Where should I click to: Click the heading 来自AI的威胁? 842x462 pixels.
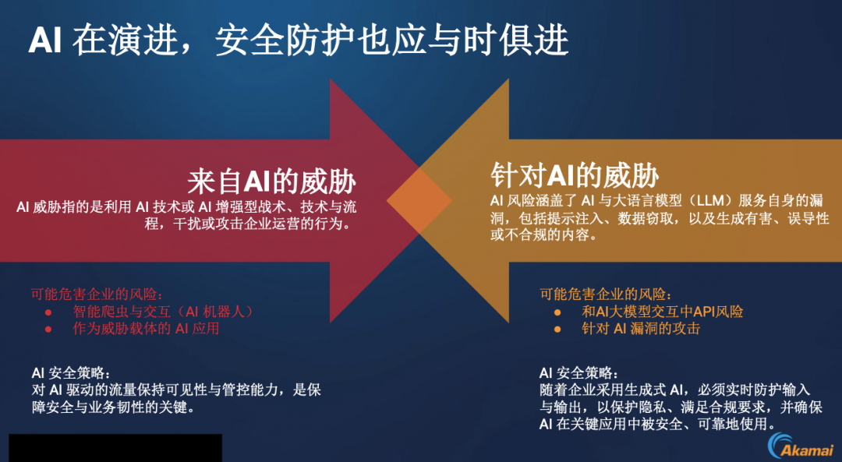(272, 182)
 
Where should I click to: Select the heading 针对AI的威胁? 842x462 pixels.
(575, 175)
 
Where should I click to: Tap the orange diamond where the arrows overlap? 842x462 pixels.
(419, 201)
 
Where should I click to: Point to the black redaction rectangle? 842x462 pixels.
(115, 448)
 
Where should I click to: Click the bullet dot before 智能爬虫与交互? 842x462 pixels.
(48, 312)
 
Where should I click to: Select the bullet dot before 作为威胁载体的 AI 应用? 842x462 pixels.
(48, 330)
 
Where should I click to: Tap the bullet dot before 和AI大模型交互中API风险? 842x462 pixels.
(557, 312)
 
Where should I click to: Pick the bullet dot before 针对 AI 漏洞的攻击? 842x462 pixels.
(557, 330)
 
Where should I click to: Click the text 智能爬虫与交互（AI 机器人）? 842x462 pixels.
(163, 312)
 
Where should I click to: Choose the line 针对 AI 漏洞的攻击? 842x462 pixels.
(641, 329)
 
